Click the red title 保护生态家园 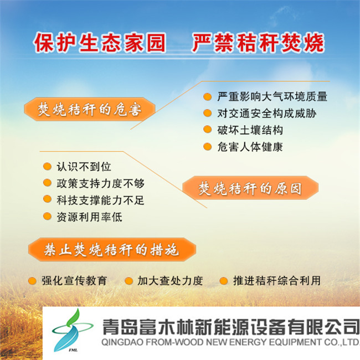coord(100,43)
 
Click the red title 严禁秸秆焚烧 coord(258,43)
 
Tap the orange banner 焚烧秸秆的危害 coord(90,109)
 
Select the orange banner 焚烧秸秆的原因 coord(250,188)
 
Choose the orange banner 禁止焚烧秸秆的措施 coord(112,250)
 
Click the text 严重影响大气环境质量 coord(272,97)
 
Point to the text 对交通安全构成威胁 coord(267,114)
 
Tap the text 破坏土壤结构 coord(250,130)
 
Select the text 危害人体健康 coord(250,147)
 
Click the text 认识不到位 coord(84,167)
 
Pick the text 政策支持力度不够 coord(101,183)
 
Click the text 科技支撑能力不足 coord(101,200)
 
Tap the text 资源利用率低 coord(89,217)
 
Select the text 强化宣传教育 coord(74,281)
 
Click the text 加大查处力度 coord(170,281)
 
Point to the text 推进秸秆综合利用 coord(277,281)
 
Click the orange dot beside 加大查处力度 coord(128,281)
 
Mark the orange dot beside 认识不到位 coord(47,167)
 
